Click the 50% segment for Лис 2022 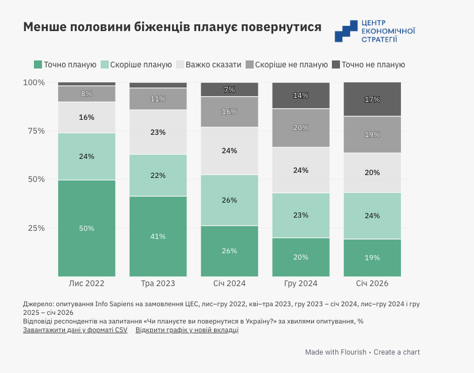(x=86, y=229)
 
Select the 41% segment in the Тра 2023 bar (x=158, y=237)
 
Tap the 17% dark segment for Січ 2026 (x=372, y=100)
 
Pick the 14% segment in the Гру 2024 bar (x=301, y=96)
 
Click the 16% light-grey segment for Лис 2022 (x=86, y=117)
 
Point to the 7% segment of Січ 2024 (x=230, y=90)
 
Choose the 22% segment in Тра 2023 (x=158, y=176)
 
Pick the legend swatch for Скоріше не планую (x=249, y=64)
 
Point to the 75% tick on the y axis (x=34, y=131)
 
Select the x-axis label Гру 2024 (x=301, y=284)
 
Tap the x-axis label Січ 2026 (x=372, y=284)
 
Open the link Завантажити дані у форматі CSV (x=75, y=330)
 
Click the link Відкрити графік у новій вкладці (x=187, y=330)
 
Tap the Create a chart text (x=397, y=352)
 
